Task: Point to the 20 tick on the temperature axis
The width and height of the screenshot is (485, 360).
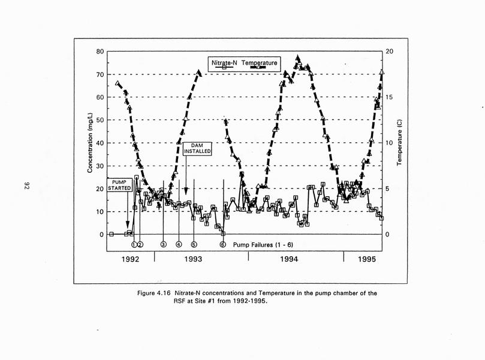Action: (389, 52)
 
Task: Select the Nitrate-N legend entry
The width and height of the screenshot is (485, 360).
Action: (225, 62)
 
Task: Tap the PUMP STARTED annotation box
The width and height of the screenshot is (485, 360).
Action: (123, 184)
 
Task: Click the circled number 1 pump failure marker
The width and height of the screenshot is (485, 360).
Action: (134, 244)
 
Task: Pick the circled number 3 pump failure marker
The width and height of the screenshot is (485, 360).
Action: (164, 244)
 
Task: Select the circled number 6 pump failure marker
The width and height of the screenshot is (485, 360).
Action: (222, 244)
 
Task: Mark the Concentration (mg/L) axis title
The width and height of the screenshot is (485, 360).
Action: (90, 143)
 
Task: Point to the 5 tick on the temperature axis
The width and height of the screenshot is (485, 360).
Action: (387, 188)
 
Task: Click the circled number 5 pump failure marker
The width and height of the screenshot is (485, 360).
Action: (194, 244)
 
